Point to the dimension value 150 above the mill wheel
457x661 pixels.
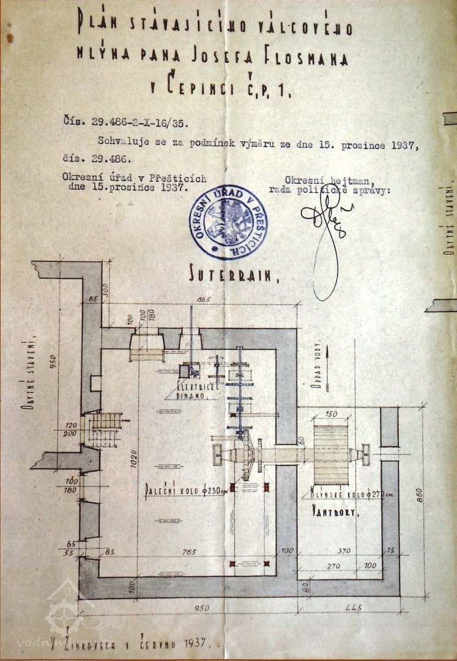point(331,415)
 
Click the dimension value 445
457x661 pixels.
point(349,608)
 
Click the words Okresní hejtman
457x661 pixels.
point(314,179)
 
